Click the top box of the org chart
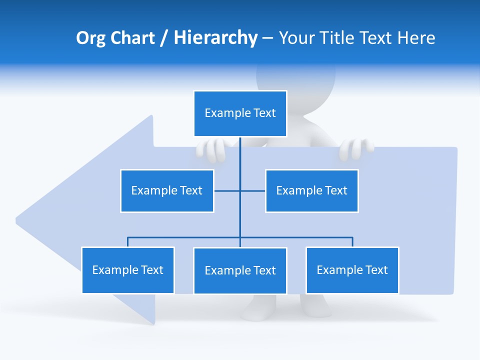click(x=240, y=113)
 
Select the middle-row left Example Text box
click(x=167, y=190)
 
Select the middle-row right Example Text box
click(x=311, y=190)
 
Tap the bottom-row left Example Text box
click(x=128, y=270)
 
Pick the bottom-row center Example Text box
click(x=240, y=270)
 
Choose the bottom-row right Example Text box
click(x=352, y=270)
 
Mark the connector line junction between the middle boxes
click(x=240, y=190)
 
